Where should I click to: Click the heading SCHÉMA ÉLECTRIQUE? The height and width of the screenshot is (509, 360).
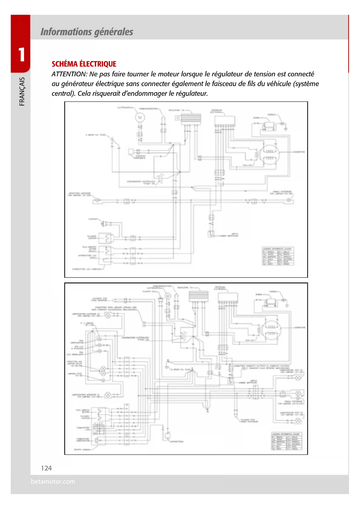point(84,64)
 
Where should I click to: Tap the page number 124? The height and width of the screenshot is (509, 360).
point(46,468)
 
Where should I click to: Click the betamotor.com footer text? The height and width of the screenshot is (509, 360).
point(53,481)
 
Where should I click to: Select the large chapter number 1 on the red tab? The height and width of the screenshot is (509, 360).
point(21,55)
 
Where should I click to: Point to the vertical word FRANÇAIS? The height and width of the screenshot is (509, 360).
point(22,91)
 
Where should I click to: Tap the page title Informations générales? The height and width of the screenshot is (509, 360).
point(87,32)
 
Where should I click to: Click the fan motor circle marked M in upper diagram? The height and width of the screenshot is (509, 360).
point(140,118)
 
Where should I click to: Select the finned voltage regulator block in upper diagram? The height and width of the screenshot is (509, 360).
point(191,119)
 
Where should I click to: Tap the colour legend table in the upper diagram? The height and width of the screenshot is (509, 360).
point(278,256)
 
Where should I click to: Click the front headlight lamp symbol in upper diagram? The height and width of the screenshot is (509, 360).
point(97,200)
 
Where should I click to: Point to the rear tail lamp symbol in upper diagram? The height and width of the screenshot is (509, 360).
point(289,200)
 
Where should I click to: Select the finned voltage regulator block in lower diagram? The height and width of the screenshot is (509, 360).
point(198,296)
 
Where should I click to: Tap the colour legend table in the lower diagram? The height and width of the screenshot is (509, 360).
point(286,441)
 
